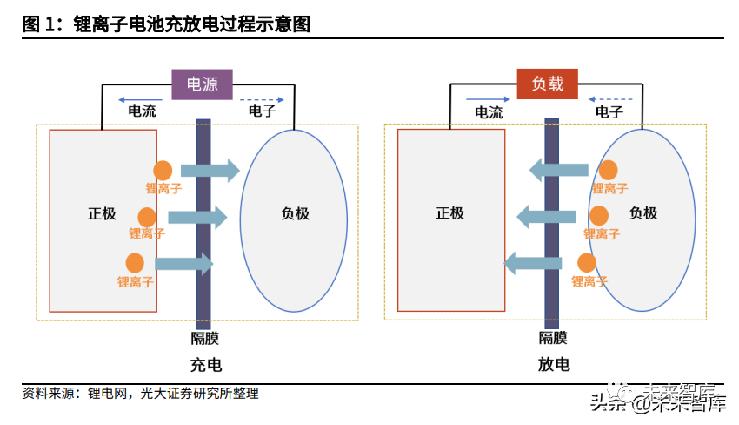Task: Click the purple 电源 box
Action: click(x=203, y=84)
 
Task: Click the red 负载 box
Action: click(x=548, y=84)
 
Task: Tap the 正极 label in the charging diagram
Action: click(x=102, y=213)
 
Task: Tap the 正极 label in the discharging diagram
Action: click(x=449, y=213)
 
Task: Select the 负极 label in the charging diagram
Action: click(x=296, y=213)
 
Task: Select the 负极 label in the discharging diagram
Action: click(x=643, y=213)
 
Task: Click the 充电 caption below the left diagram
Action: click(x=205, y=365)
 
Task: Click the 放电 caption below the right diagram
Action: click(x=553, y=365)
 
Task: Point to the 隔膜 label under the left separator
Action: click(x=205, y=339)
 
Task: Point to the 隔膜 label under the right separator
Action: click(x=553, y=339)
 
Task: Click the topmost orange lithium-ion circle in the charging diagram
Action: click(x=163, y=172)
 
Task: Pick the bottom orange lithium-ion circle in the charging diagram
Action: click(x=135, y=262)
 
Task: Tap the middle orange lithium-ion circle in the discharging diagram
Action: click(x=599, y=216)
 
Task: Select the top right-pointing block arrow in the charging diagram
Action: click(x=210, y=171)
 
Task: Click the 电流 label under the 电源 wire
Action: click(x=143, y=111)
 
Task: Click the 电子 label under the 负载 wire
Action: click(x=609, y=111)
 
